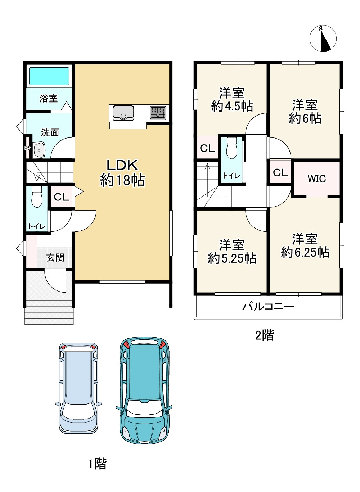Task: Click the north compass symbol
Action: [323, 39]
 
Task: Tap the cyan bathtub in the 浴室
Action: [49, 76]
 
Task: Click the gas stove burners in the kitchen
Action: [158, 113]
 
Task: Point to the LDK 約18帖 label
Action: [122, 173]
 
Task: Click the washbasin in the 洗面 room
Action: [39, 150]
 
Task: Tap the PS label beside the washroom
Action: [28, 148]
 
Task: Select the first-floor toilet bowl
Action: [37, 198]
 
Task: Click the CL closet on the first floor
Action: [61, 197]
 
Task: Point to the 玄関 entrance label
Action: [55, 258]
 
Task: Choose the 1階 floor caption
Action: [98, 464]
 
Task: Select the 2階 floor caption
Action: [265, 335]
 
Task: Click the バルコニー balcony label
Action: [268, 307]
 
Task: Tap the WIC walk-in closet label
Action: [316, 179]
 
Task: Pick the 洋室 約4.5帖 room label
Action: [232, 100]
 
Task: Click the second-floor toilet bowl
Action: [231, 149]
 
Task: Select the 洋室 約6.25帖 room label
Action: [305, 246]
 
